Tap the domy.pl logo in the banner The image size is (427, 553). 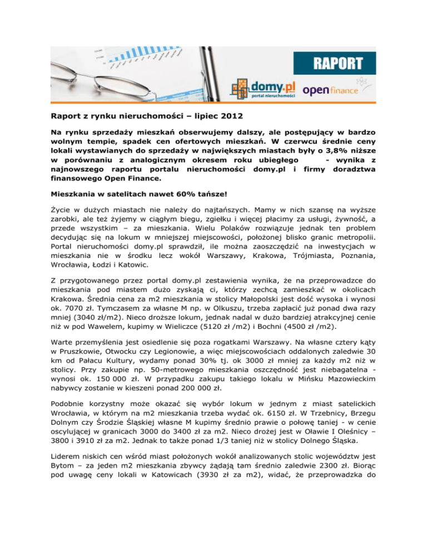[262, 87]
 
